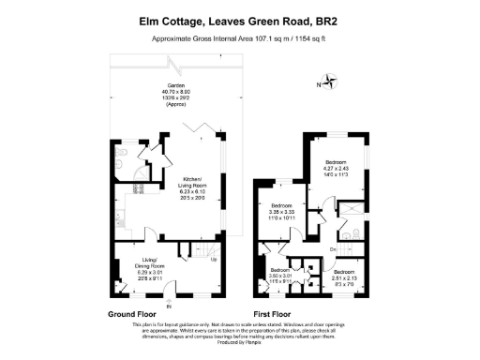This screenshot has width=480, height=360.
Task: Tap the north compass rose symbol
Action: (327, 82)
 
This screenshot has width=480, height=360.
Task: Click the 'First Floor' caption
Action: (272, 313)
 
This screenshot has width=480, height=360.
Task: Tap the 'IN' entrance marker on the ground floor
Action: (169, 306)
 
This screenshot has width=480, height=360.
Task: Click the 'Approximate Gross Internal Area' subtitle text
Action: (240, 38)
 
